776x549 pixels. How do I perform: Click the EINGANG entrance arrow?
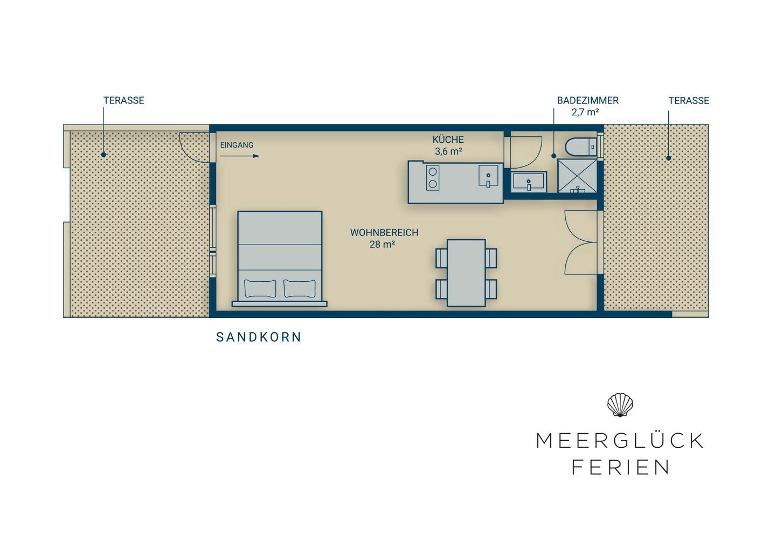click(x=240, y=156)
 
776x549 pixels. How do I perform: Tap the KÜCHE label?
click(x=448, y=140)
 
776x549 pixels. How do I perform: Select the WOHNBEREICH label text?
click(x=384, y=233)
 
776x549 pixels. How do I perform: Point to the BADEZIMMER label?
click(x=587, y=100)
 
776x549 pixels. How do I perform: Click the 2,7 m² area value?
click(x=585, y=112)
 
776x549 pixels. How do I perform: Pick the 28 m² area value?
click(x=383, y=245)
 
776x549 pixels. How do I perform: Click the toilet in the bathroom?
click(x=581, y=147)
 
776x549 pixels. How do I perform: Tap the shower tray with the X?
click(x=577, y=176)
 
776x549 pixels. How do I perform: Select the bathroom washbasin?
click(x=529, y=182)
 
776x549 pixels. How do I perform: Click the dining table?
click(x=466, y=273)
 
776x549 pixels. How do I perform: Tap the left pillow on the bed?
click(x=260, y=289)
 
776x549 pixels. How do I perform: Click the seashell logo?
click(x=620, y=405)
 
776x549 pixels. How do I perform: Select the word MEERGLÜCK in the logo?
click(x=620, y=441)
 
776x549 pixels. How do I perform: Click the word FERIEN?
click(x=620, y=467)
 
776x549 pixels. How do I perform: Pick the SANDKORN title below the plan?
click(x=259, y=337)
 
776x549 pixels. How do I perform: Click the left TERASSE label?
click(x=124, y=100)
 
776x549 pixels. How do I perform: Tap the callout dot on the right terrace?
click(x=669, y=158)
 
